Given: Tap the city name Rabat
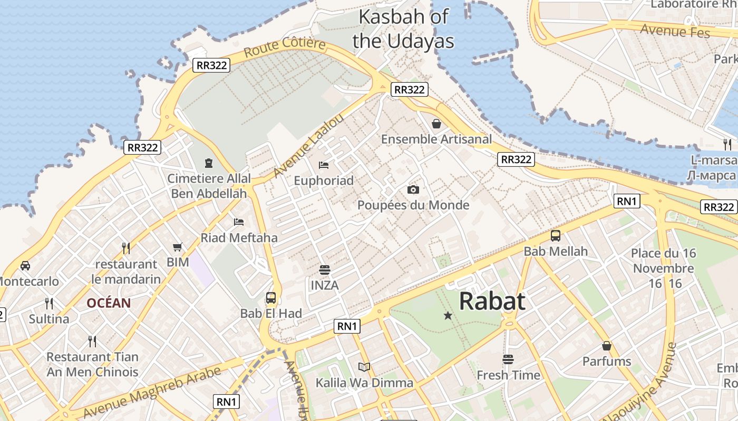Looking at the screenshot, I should [492, 301].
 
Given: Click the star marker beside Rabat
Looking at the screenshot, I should [448, 316].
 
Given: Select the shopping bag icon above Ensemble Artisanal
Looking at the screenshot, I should [436, 124].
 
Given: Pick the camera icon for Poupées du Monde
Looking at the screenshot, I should [413, 189].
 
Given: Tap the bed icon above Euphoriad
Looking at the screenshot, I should [324, 165].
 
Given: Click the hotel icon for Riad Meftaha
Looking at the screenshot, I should [239, 222].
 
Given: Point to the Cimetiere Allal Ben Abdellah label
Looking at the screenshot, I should [209, 186].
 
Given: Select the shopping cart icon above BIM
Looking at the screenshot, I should [178, 247].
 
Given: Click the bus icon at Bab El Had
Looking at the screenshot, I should [271, 298].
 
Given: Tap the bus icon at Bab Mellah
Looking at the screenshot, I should [556, 236].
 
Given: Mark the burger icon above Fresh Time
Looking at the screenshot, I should [508, 359].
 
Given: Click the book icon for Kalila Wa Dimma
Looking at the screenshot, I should [364, 367].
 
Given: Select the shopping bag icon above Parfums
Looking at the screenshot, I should [607, 346].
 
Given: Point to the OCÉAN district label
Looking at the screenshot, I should [109, 303].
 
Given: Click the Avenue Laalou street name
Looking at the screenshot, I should [308, 146].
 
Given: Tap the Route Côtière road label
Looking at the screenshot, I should [285, 47].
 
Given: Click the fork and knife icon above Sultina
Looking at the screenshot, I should [49, 304].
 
